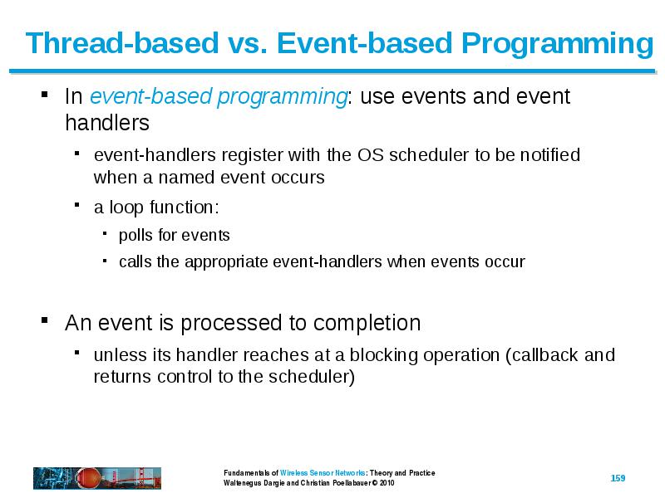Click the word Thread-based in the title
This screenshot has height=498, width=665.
pos(121,43)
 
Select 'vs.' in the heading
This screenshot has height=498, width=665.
pos(247,44)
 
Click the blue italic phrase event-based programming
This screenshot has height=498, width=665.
pos(219,96)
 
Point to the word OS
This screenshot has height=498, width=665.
pos(370,155)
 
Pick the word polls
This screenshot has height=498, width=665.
pos(135,235)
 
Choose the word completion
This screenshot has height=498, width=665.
pos(367,323)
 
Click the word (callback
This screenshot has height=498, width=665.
pos(542,355)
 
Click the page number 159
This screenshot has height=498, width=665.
pos(618,478)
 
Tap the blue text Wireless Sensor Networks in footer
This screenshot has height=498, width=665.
pos(323,472)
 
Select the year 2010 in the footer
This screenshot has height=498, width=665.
pos(387,483)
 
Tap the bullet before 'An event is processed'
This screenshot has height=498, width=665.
pos(45,320)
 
